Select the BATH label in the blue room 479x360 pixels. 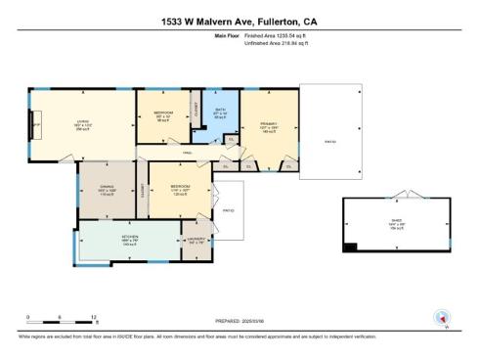(220, 111)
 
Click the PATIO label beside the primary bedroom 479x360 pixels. (329, 141)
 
